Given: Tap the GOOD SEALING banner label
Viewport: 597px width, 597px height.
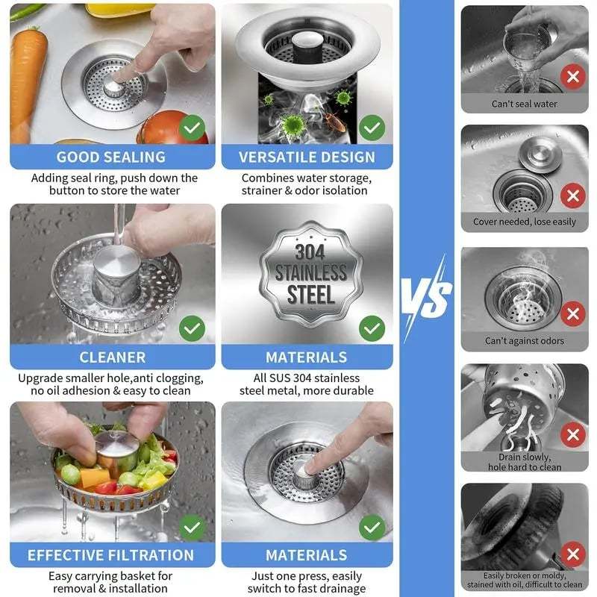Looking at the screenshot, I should tap(110, 157).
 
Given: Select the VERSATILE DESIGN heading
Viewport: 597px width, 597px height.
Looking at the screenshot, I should tap(307, 157).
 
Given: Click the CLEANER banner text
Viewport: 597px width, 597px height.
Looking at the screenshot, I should tap(112, 357).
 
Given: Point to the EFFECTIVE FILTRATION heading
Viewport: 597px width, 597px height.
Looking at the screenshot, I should tap(110, 555).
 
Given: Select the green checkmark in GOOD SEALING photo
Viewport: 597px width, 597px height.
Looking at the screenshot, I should tap(193, 128).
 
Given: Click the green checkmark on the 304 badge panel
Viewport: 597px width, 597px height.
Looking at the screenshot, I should tap(372, 327).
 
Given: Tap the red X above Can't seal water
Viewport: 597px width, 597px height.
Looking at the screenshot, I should tap(572, 76).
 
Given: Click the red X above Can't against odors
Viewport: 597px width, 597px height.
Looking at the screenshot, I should tap(572, 314).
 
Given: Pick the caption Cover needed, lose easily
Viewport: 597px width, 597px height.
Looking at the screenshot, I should tap(524, 222).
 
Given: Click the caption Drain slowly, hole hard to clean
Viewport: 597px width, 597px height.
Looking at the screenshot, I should tap(524, 462).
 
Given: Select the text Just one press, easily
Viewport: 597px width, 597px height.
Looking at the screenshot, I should tap(307, 576).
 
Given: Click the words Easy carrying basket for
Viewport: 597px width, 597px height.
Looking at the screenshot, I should tap(110, 576).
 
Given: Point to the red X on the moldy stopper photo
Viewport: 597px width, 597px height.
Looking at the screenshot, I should tap(572, 554).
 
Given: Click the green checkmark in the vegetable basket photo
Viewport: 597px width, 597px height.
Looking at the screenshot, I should tap(193, 527).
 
